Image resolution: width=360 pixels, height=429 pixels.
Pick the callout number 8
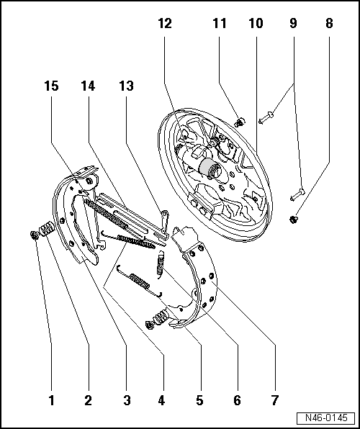pyautogui.click(x=329, y=23)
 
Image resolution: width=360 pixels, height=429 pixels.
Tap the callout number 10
pyautogui.click(x=256, y=23)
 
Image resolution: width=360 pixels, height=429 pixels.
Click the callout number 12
pyautogui.click(x=166, y=23)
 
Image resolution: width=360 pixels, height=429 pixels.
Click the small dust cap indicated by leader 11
pyautogui.click(x=241, y=122)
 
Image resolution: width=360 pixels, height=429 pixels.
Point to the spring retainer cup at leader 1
pyautogui.click(x=35, y=235)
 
